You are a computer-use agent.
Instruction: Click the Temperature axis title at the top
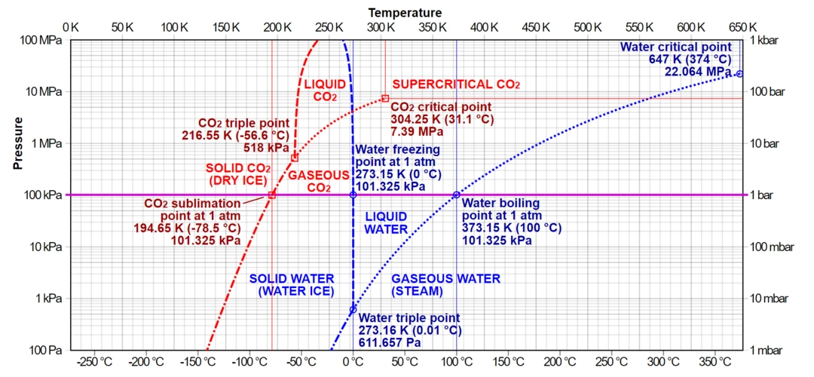point(405,12)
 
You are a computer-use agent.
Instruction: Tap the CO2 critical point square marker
point(385,98)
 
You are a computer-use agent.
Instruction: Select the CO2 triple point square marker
point(295,158)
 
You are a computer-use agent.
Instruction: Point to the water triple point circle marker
point(353,310)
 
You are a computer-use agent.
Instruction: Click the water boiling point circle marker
point(456,195)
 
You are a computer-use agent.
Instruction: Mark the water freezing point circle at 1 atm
point(353,195)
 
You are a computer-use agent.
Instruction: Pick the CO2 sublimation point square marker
point(272,195)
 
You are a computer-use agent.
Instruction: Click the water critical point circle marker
point(739,74)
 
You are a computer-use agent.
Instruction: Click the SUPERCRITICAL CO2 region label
point(457,84)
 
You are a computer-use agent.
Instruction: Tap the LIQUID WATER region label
point(386,222)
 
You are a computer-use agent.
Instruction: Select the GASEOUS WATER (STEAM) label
point(445,284)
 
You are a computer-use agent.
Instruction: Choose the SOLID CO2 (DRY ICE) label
point(237,174)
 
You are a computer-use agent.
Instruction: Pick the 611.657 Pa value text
point(390,342)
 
